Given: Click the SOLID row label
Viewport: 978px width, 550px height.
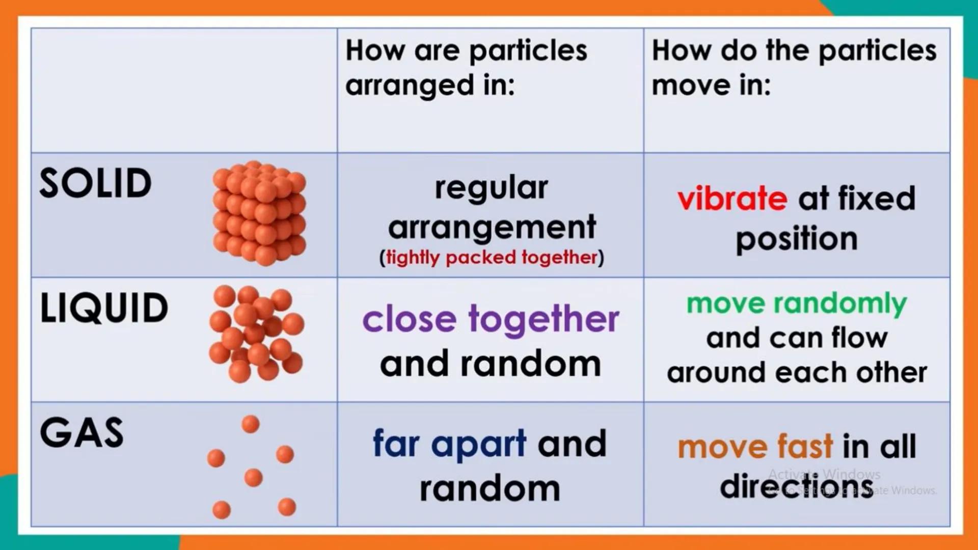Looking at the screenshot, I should pos(96,183).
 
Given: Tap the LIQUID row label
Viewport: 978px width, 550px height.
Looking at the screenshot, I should pos(104,309).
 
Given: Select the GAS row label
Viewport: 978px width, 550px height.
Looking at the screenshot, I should pos(81,433).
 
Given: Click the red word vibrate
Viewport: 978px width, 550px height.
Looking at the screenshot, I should pos(732,198).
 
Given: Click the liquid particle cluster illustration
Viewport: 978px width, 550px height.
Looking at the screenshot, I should pos(256,334).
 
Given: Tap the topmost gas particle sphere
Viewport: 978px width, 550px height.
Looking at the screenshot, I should pos(250,424).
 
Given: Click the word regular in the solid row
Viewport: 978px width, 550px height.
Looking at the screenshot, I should pos(491,188).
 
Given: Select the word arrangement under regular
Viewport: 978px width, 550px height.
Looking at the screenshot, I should pos(492,227).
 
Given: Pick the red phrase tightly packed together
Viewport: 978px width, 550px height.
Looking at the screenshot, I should pos(492,258).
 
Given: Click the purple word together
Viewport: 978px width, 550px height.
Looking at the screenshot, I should pos(544,320).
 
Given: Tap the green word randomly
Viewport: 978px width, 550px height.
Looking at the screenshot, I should pos(840,304).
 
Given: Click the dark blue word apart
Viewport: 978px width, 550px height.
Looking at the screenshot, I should pos(478,444).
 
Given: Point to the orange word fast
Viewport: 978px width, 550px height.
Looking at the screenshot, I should pos(805,447).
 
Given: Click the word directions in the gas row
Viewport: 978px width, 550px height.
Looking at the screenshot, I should pos(796,486).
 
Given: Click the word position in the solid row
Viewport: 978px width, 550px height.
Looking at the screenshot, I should pos(797,239).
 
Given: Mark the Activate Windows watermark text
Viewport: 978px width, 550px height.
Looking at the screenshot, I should pos(824,475).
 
